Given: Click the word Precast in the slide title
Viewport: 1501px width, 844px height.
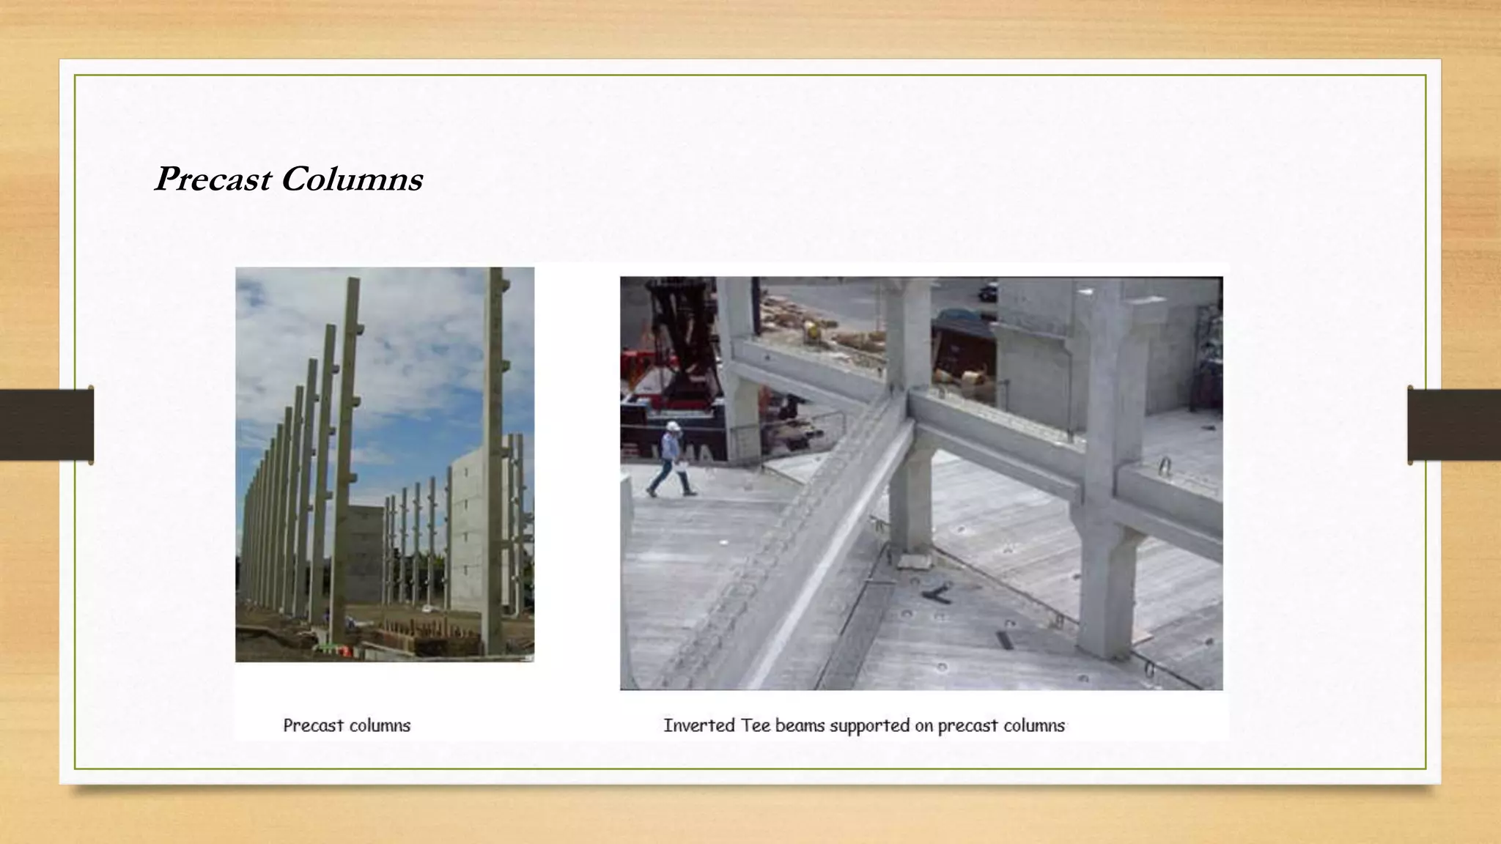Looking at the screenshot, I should pyautogui.click(x=213, y=179).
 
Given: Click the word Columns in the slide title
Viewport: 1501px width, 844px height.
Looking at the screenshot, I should pyautogui.click(x=352, y=179).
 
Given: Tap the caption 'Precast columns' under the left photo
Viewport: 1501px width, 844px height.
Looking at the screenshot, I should pyautogui.click(x=347, y=725).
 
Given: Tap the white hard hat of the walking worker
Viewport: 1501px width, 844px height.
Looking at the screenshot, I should pyautogui.click(x=674, y=426).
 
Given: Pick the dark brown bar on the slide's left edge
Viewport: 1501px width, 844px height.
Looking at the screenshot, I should pyautogui.click(x=46, y=425).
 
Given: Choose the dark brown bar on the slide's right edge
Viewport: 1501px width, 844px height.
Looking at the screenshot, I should pyautogui.click(x=1454, y=425).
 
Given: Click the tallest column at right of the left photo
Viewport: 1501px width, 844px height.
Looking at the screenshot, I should pyautogui.click(x=495, y=454).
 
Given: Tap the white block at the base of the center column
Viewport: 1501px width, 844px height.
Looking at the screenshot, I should pyautogui.click(x=913, y=560).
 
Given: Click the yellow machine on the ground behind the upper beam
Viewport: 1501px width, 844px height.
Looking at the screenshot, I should pyautogui.click(x=812, y=331).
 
